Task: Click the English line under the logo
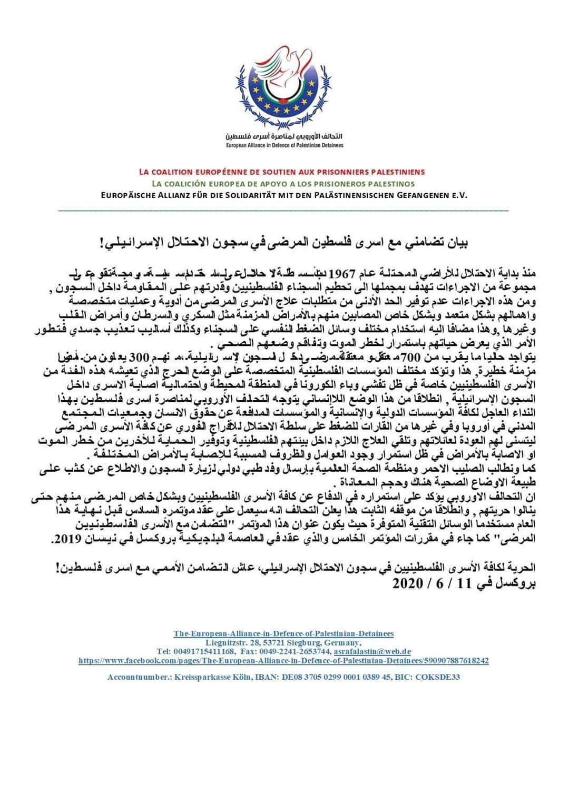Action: click(284, 145)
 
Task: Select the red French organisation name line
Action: click(282, 172)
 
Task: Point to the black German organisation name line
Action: click(284, 195)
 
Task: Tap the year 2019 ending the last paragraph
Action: click(65, 540)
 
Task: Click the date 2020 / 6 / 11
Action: click(429, 583)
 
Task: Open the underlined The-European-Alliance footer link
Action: click(283, 633)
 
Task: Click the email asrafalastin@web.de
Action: click(372, 651)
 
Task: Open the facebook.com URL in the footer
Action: click(283, 660)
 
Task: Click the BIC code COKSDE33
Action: click(437, 677)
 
